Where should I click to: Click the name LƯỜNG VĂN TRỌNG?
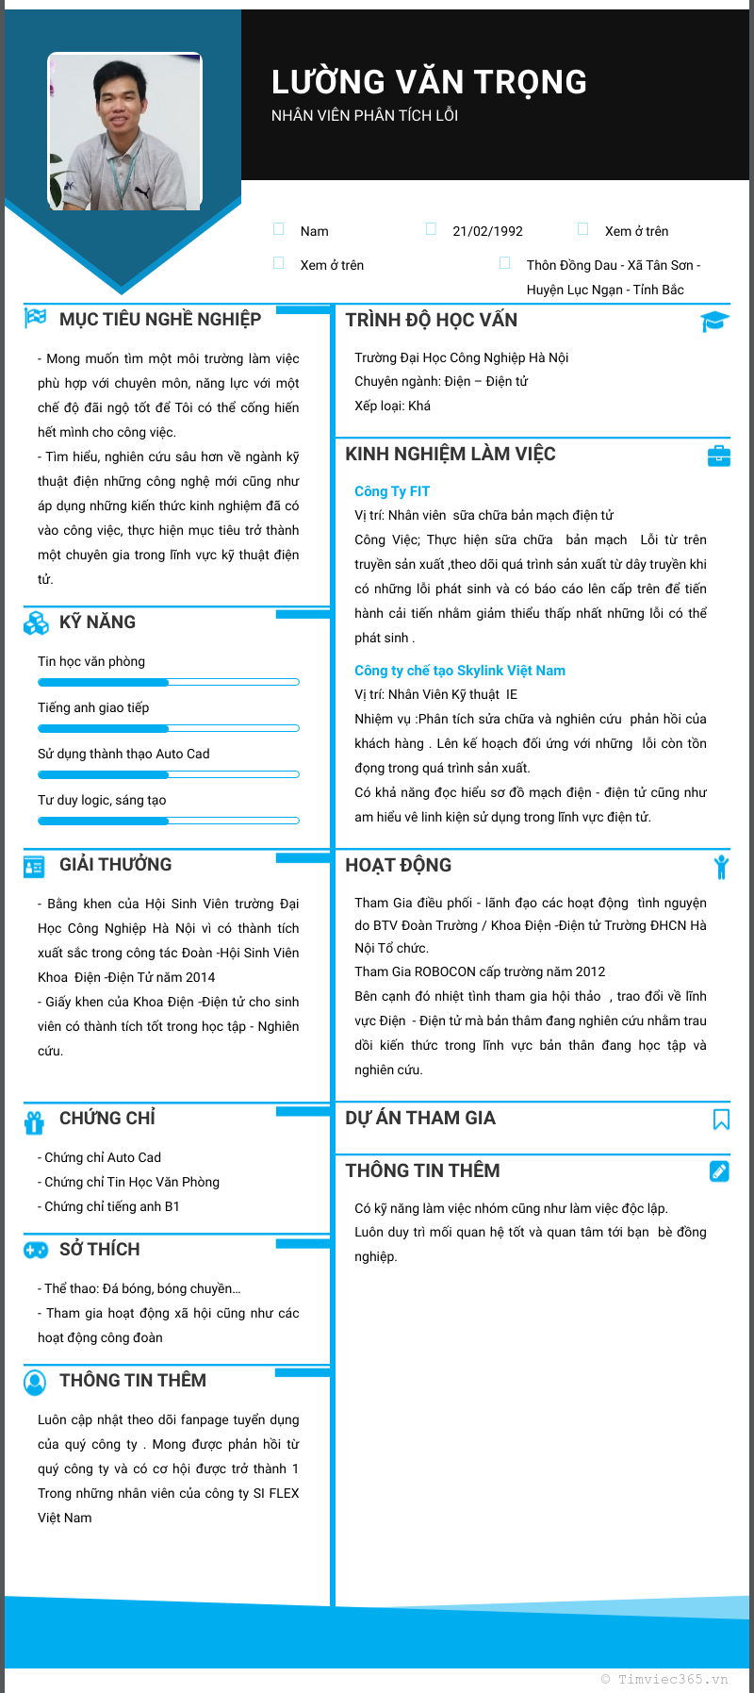click(x=429, y=83)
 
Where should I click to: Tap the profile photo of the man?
click(x=125, y=132)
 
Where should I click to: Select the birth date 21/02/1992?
click(x=487, y=231)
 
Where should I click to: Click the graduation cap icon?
click(x=714, y=321)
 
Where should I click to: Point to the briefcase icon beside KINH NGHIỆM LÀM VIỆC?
click(x=718, y=456)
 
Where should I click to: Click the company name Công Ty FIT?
click(x=392, y=491)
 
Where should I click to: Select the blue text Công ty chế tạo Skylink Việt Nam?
click(x=460, y=671)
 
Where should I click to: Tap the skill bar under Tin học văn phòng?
click(x=168, y=682)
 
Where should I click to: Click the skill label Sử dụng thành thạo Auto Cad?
click(x=123, y=754)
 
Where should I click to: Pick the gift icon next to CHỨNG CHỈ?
click(x=35, y=1121)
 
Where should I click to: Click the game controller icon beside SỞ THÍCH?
click(x=36, y=1250)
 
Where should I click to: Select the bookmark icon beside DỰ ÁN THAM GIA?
click(x=721, y=1120)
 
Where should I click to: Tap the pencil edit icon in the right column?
click(x=719, y=1171)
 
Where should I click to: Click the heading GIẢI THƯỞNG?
click(x=116, y=865)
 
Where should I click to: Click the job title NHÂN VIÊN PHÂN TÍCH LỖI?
click(x=365, y=116)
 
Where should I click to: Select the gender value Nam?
click(x=315, y=231)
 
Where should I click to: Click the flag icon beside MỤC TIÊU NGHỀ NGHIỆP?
click(x=36, y=318)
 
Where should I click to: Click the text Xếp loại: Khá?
click(x=392, y=406)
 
